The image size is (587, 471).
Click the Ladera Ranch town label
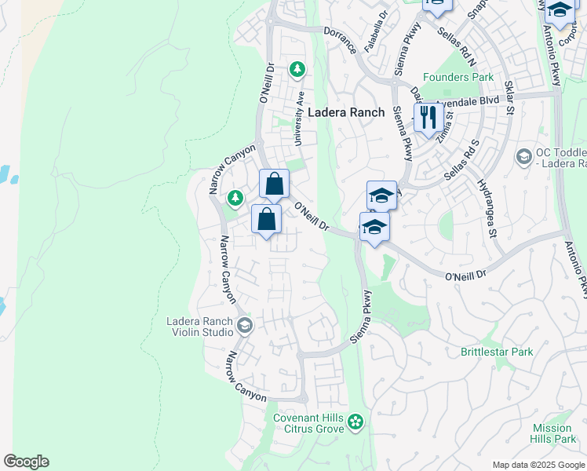click(x=346, y=112)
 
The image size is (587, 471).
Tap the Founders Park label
click(x=458, y=77)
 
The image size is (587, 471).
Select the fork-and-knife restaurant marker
click(x=426, y=118)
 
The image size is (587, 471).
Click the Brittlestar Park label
click(x=497, y=352)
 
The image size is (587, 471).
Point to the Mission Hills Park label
click(x=552, y=433)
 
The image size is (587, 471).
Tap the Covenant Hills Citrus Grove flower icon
click(x=356, y=422)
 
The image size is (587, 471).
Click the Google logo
click(x=26, y=462)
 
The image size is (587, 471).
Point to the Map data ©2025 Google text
click(x=538, y=465)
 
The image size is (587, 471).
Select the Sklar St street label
click(x=509, y=97)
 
